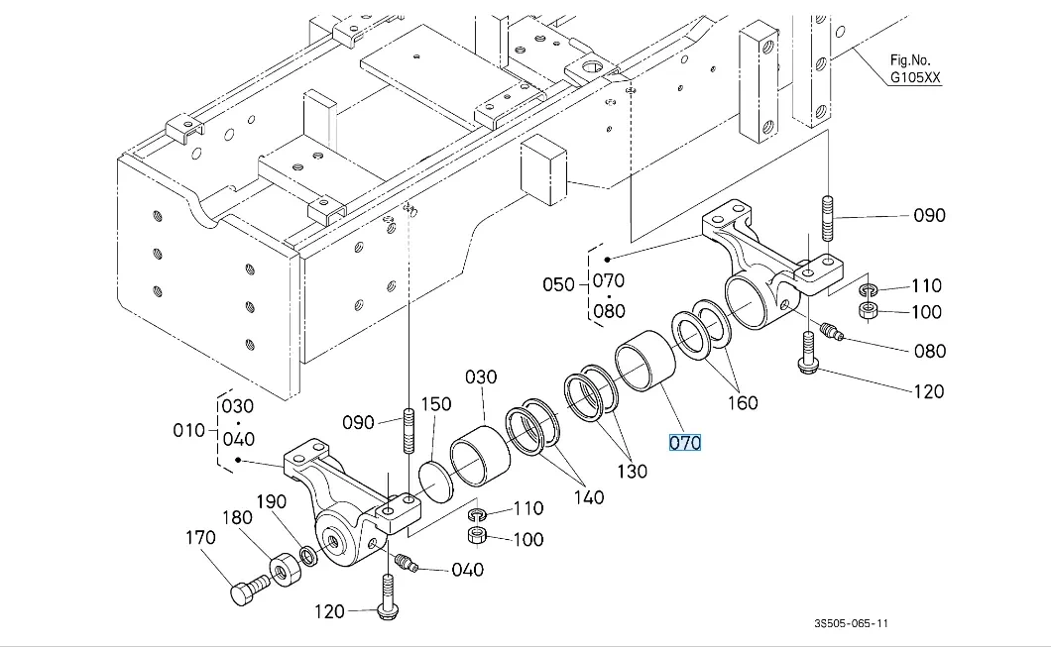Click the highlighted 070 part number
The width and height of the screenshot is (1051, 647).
[x=684, y=443]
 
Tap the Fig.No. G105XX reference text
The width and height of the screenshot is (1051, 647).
[x=915, y=69]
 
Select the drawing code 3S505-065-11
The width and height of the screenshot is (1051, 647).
[x=852, y=623]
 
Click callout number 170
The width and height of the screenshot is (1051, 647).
[x=200, y=538]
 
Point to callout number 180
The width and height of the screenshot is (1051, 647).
[x=237, y=518]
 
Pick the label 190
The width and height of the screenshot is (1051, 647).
[x=272, y=501]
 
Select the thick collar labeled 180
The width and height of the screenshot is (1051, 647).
[x=286, y=569]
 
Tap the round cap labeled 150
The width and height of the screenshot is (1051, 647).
[x=435, y=481]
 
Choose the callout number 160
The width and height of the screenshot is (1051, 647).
[x=743, y=403]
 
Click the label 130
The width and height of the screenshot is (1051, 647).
[x=632, y=472]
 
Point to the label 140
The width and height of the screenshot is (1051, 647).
[x=589, y=497]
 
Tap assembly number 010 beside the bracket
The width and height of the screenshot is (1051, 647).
[x=189, y=430]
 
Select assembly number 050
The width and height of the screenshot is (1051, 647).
[x=558, y=284]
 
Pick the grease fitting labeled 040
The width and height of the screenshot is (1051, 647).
[x=407, y=563]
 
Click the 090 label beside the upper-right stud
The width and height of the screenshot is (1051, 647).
[x=930, y=216]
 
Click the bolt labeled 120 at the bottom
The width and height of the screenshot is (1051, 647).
[x=386, y=596]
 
